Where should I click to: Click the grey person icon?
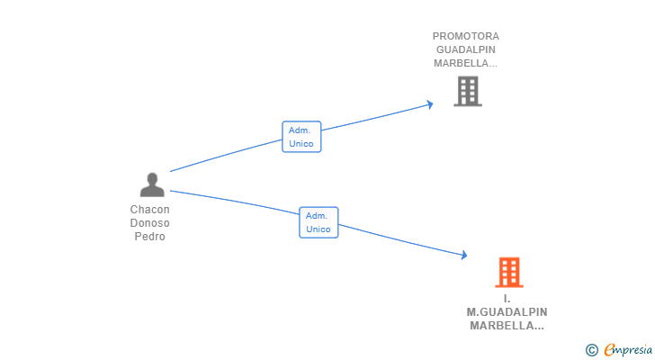pos(152,184)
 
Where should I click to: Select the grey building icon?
pos(468,92)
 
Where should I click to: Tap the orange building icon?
pos(509,273)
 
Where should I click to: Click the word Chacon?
pos(149,209)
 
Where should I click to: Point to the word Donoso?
pos(149,223)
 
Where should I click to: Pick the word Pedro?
pos(149,237)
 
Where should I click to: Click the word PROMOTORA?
pos(466,36)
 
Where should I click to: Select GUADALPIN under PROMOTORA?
pos(466,49)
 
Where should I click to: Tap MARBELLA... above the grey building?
pos(465,63)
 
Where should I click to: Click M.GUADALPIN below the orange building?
pos(507,312)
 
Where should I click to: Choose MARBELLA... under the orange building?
pos(507,326)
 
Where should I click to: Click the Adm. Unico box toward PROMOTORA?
pos(301,137)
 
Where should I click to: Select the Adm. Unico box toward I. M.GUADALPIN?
pos(319,222)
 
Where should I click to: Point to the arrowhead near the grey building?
pos(430,104)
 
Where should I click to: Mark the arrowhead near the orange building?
pos(463,255)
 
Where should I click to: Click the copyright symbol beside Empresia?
pos(591,350)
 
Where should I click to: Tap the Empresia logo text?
pos(628,349)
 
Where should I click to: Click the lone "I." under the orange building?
pos(507,299)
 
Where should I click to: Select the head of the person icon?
pos(152,178)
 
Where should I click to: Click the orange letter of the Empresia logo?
pos(609,349)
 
